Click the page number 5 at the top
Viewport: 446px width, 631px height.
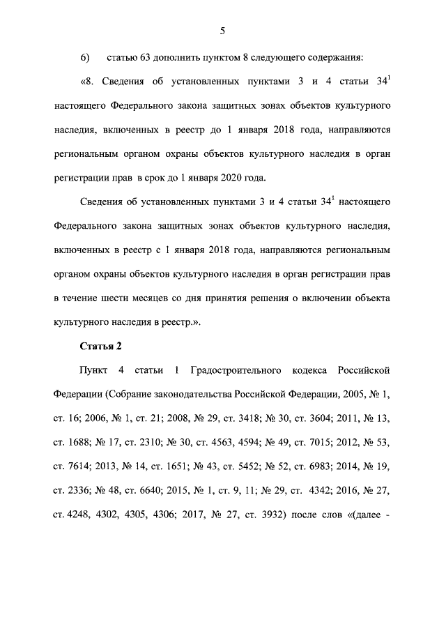(x=222, y=31)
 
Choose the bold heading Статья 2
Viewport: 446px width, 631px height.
(x=102, y=346)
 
